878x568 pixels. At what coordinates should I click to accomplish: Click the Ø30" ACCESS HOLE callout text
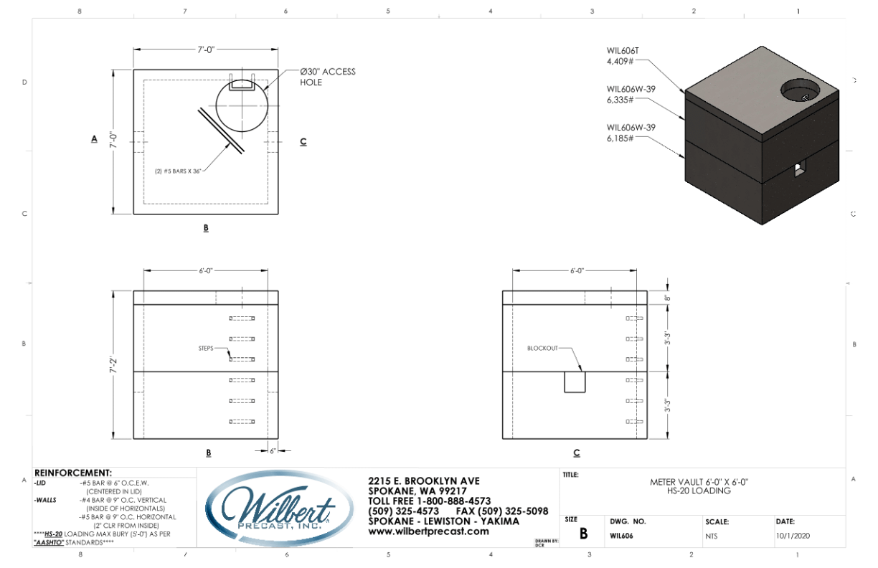(327, 77)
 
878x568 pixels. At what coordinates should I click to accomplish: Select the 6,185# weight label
(620, 137)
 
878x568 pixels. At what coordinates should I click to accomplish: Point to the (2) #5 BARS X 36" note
(176, 171)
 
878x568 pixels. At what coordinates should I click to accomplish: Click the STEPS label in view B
(207, 348)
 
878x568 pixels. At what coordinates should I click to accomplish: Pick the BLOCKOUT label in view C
(542, 348)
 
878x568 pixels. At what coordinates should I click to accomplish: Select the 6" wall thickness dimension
(273, 450)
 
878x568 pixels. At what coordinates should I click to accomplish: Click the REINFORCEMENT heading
(73, 473)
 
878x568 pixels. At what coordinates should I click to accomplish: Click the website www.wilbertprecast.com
(428, 531)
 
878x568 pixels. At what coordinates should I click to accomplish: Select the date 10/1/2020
(793, 535)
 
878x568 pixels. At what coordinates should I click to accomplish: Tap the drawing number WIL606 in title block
(620, 535)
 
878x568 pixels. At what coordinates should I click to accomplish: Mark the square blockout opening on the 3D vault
(798, 169)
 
